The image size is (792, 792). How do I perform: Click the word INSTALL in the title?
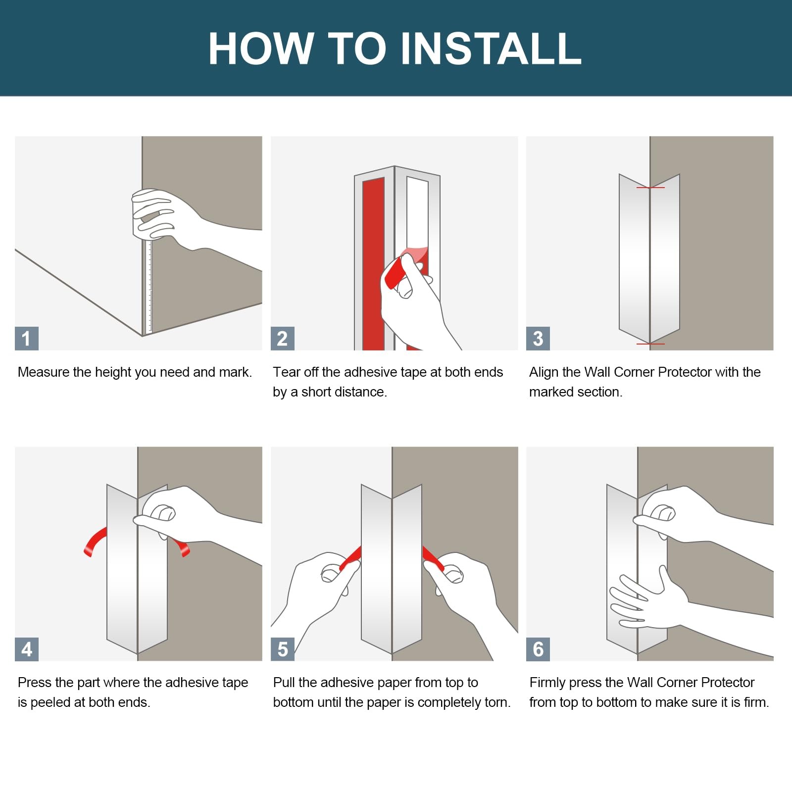(x=491, y=48)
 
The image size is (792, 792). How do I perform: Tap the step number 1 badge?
(x=27, y=339)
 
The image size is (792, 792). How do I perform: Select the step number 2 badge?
(x=283, y=339)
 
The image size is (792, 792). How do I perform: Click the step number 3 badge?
(x=538, y=339)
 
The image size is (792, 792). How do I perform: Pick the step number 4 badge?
(x=27, y=649)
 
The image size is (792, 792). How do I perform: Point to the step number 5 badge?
(x=283, y=649)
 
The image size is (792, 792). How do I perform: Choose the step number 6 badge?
(x=538, y=649)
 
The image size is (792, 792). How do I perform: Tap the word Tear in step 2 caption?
(x=287, y=372)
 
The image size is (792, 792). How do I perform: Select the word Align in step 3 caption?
(x=544, y=372)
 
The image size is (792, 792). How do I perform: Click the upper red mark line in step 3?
(x=650, y=188)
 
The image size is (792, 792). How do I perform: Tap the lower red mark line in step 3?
(x=650, y=344)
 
